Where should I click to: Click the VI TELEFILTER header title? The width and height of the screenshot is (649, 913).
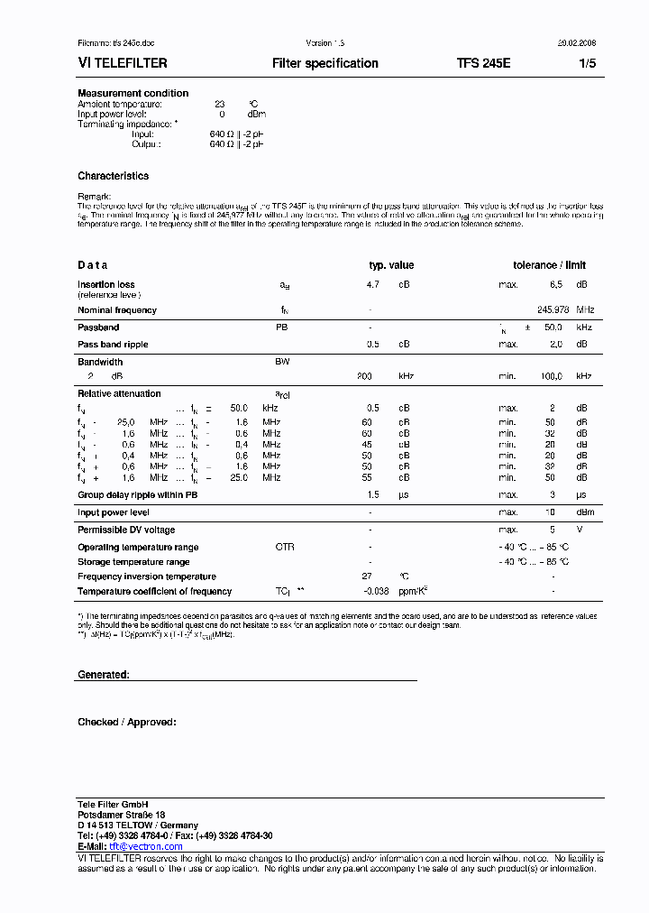tap(123, 63)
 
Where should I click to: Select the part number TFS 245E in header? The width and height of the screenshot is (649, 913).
tap(483, 63)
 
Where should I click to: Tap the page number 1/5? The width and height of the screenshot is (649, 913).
tap(587, 63)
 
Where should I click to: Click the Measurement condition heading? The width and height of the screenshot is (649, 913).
tap(133, 93)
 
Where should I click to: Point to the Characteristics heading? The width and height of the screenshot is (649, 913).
tap(113, 176)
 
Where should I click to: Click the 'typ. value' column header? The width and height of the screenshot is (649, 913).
tap(391, 265)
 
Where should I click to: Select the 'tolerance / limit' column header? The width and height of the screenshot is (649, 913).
tap(550, 265)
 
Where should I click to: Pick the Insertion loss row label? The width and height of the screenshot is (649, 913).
tap(106, 284)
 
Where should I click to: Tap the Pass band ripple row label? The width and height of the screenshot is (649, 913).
tap(113, 344)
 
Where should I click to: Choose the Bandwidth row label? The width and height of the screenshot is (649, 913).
tap(100, 362)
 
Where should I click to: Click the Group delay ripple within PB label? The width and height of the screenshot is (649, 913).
tap(138, 495)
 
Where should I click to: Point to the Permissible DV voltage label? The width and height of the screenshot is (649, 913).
tap(126, 530)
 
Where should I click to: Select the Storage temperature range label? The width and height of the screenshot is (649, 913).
tap(133, 561)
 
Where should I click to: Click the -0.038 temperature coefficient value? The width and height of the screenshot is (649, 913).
tap(376, 591)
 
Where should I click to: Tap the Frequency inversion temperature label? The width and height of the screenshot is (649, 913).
tap(147, 576)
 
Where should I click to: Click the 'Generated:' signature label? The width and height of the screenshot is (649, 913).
tap(104, 674)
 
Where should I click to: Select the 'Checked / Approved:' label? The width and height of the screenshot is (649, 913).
tap(127, 722)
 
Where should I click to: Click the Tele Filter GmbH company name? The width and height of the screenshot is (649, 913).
tap(113, 804)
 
